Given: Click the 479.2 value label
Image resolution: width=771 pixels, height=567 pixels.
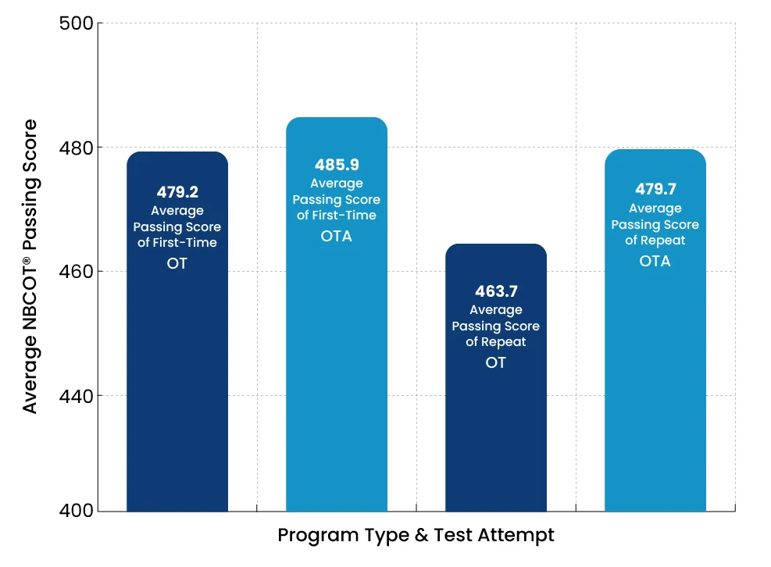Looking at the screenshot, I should [177, 192].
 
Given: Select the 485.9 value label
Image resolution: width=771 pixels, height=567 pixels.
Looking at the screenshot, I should [337, 165].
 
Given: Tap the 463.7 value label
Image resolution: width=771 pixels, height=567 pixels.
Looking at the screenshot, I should [496, 291].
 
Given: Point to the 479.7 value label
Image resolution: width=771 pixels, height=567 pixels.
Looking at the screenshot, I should [655, 190].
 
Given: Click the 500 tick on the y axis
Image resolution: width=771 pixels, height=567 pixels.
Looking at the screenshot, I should [77, 23].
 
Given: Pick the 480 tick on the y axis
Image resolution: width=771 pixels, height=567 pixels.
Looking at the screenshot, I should [77, 148].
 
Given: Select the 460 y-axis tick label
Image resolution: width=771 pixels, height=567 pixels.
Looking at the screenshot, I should [77, 272].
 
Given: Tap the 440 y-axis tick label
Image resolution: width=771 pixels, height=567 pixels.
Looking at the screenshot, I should [77, 396].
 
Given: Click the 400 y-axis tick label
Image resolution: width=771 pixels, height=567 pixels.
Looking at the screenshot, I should [77, 511].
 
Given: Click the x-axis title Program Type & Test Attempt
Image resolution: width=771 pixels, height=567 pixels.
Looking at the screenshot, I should [416, 536].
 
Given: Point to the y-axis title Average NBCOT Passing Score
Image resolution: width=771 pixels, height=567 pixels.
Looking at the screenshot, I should [30, 266].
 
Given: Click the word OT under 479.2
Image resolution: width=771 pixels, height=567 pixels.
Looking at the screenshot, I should [177, 263].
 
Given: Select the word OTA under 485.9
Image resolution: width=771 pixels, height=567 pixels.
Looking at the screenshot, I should [337, 236].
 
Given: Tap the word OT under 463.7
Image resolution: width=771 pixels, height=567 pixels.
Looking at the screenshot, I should [496, 362].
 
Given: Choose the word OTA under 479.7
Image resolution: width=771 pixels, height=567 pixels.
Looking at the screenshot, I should [655, 261].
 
